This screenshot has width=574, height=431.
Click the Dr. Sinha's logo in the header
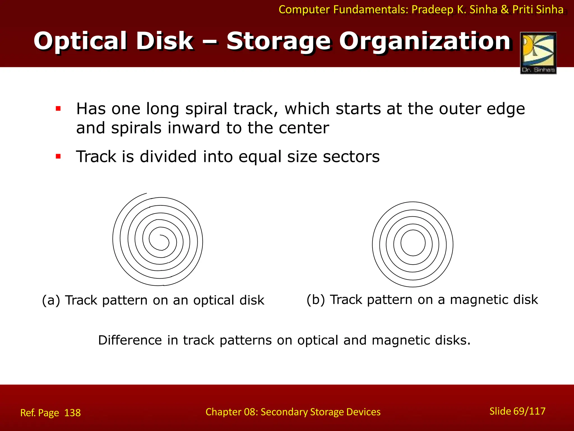pyautogui.click(x=538, y=53)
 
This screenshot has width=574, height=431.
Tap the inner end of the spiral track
pyautogui.click(x=160, y=235)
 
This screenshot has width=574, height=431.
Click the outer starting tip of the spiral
pyautogui.click(x=146, y=193)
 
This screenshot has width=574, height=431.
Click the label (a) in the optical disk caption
pyautogui.click(x=51, y=300)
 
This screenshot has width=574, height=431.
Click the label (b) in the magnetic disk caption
pyautogui.click(x=316, y=300)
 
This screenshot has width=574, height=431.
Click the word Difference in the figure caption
pyautogui.click(x=130, y=340)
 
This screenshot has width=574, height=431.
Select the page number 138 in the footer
pyautogui.click(x=72, y=413)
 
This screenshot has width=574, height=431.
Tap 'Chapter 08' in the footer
pyautogui.click(x=230, y=412)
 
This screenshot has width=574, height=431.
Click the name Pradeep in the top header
pyautogui.click(x=432, y=10)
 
